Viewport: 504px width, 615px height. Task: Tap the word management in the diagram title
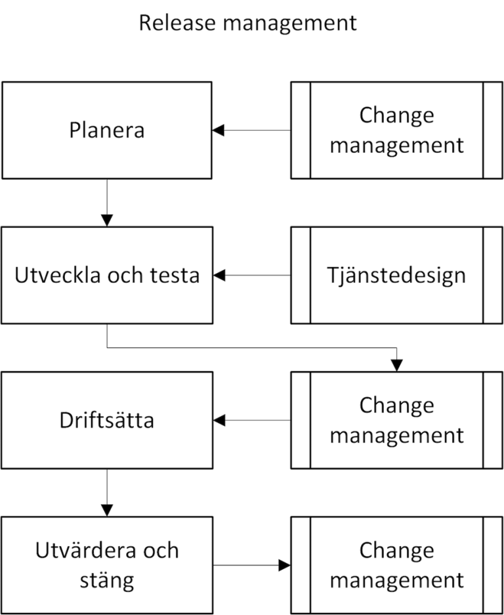pos(289,24)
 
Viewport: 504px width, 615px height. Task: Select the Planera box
pos(107,129)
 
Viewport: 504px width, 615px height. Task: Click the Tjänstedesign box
pos(396,275)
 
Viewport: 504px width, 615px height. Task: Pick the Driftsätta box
pos(107,420)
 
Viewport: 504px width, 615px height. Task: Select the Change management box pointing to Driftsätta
pos(396,420)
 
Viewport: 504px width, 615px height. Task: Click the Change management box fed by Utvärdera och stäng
pos(396,565)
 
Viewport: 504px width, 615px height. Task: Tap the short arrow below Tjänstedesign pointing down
pos(396,360)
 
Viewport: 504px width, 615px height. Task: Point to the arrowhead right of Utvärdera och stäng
pos(283,565)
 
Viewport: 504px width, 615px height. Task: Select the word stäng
pos(107,580)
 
